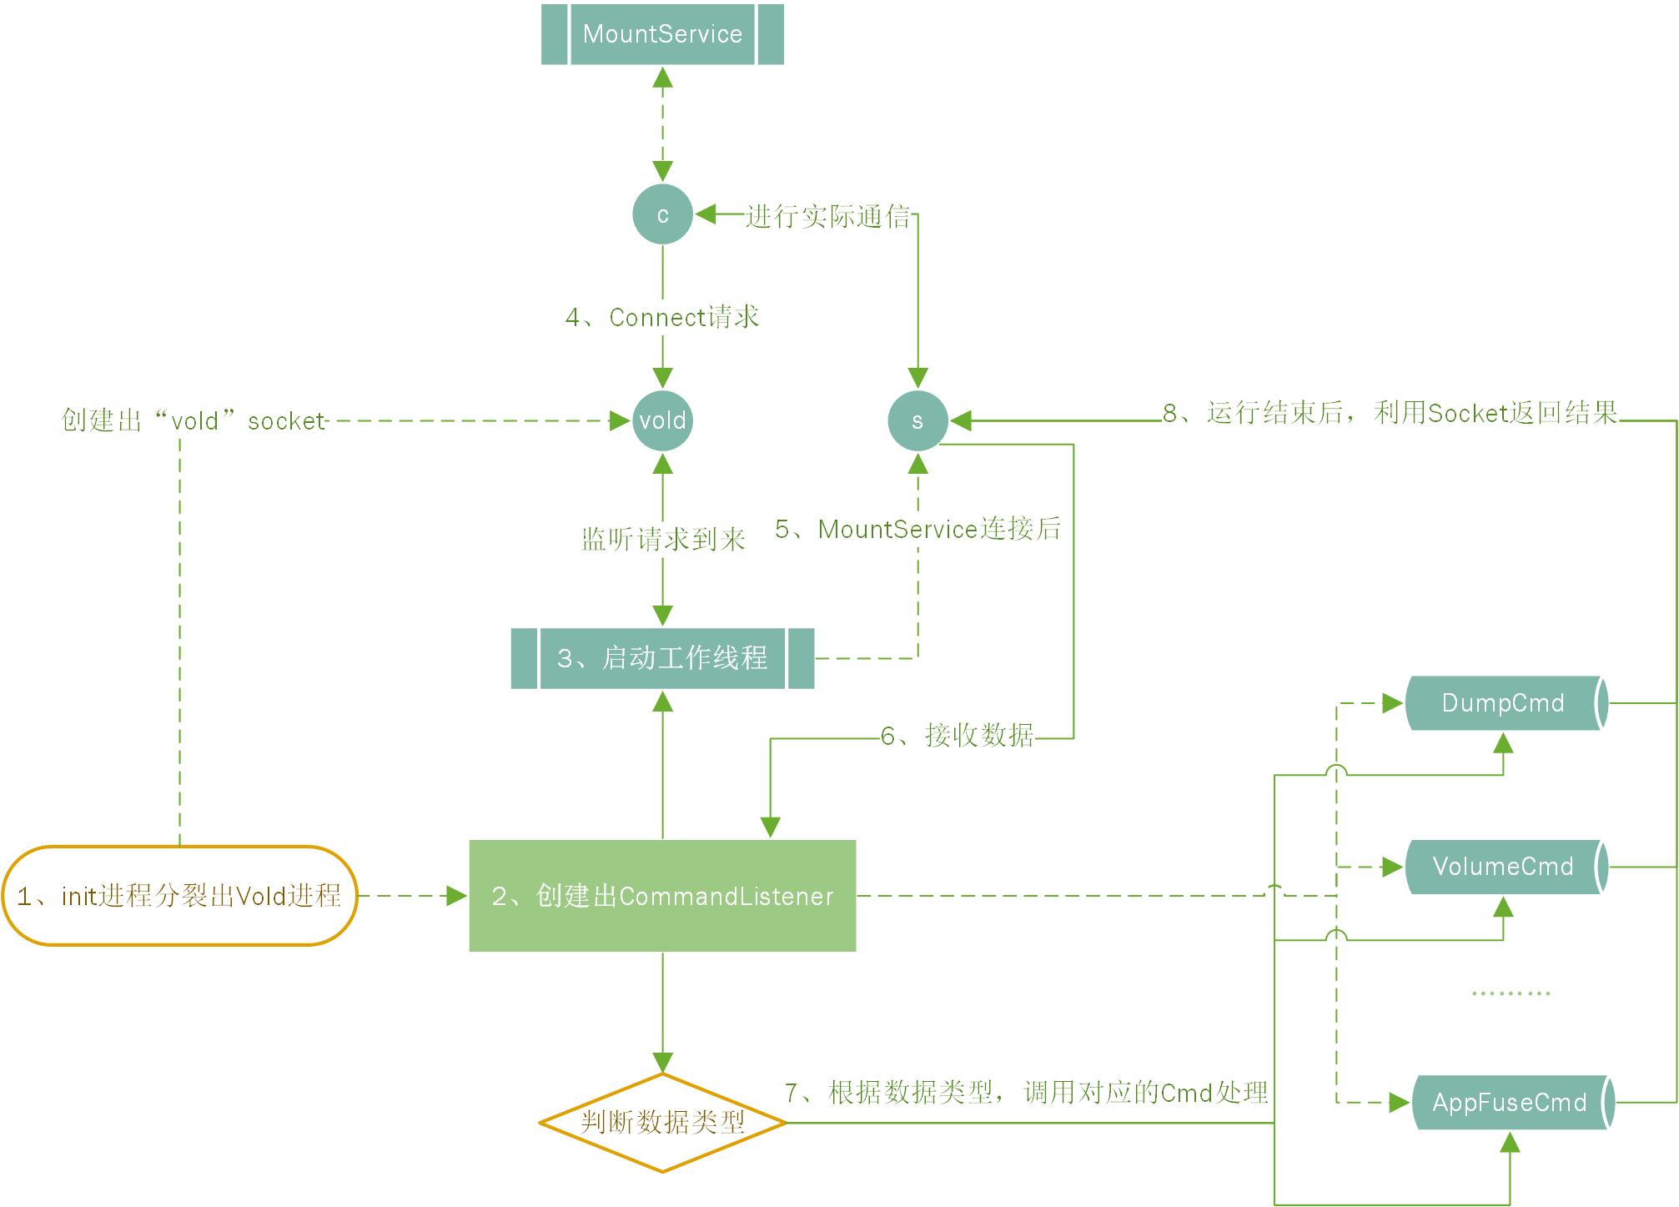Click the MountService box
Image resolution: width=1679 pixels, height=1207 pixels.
[662, 34]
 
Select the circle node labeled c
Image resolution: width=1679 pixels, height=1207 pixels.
[662, 214]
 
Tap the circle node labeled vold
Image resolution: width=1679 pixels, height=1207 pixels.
[662, 420]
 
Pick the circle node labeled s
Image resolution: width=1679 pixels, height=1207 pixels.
[917, 420]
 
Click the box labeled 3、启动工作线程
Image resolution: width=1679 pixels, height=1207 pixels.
[662, 658]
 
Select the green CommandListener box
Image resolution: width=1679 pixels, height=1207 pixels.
[662, 896]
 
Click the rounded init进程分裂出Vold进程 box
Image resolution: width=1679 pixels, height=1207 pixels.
[180, 896]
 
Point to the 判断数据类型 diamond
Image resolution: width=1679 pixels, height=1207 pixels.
[662, 1123]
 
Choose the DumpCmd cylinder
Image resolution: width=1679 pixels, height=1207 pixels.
[1503, 703]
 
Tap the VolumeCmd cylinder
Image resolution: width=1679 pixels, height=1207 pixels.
[1503, 867]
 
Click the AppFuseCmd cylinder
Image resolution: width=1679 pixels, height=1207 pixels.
[1510, 1103]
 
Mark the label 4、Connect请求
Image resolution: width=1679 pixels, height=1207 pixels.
[662, 318]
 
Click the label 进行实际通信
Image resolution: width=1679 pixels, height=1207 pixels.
[827, 216]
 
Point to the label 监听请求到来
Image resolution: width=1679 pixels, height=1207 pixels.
[663, 539]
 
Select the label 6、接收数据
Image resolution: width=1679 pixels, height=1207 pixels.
[958, 736]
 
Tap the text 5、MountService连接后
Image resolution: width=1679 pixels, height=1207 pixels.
[917, 529]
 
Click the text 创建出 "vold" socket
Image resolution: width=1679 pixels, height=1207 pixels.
[194, 420]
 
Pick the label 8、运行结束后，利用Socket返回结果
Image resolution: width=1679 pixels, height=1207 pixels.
[1390, 413]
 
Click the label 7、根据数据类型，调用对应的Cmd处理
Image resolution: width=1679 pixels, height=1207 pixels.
[1026, 1093]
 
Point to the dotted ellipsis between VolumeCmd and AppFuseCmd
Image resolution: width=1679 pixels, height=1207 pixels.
[1511, 993]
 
